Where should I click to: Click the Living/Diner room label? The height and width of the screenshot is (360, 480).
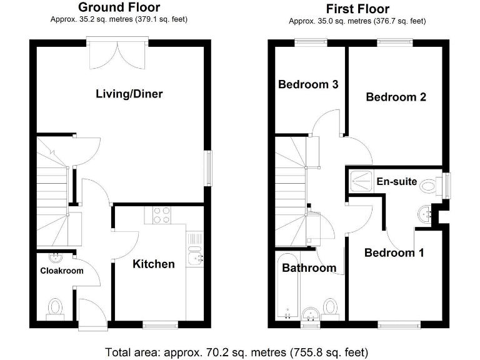129,94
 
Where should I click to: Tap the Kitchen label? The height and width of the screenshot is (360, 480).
154,264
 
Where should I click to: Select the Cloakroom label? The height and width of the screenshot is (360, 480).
62,271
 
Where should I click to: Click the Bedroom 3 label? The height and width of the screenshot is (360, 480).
308,84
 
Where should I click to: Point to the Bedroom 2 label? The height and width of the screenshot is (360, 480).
396,97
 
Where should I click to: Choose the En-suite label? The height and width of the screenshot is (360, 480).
396,182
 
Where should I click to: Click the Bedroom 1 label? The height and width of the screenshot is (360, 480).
394,252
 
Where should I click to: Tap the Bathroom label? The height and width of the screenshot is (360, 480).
309,268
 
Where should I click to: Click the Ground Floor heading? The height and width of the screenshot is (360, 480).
119,7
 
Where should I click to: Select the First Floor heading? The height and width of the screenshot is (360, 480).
357,9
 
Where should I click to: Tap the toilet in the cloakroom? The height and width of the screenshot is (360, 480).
55,308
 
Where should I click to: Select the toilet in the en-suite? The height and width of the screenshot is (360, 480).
429,186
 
